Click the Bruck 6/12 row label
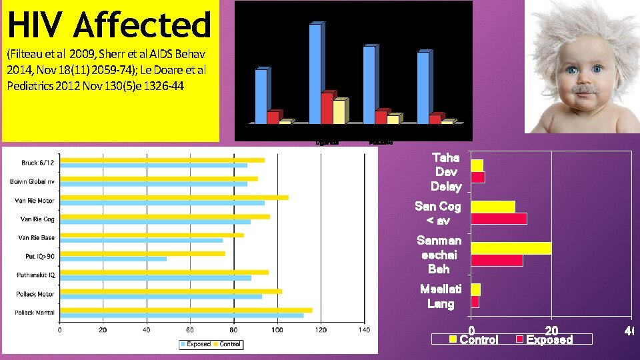(38, 163)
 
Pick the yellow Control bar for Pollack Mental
(186, 310)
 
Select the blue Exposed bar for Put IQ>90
(113, 259)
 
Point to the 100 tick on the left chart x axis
(277, 329)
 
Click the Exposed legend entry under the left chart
(197, 344)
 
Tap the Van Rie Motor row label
(35, 200)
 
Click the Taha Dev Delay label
(445, 172)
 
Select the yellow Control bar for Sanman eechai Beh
(511, 248)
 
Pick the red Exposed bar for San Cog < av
(499, 219)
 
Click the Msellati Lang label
(440, 297)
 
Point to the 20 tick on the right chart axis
(551, 330)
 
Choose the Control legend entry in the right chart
(474, 340)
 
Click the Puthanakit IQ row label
(36, 275)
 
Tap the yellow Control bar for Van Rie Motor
(174, 197)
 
